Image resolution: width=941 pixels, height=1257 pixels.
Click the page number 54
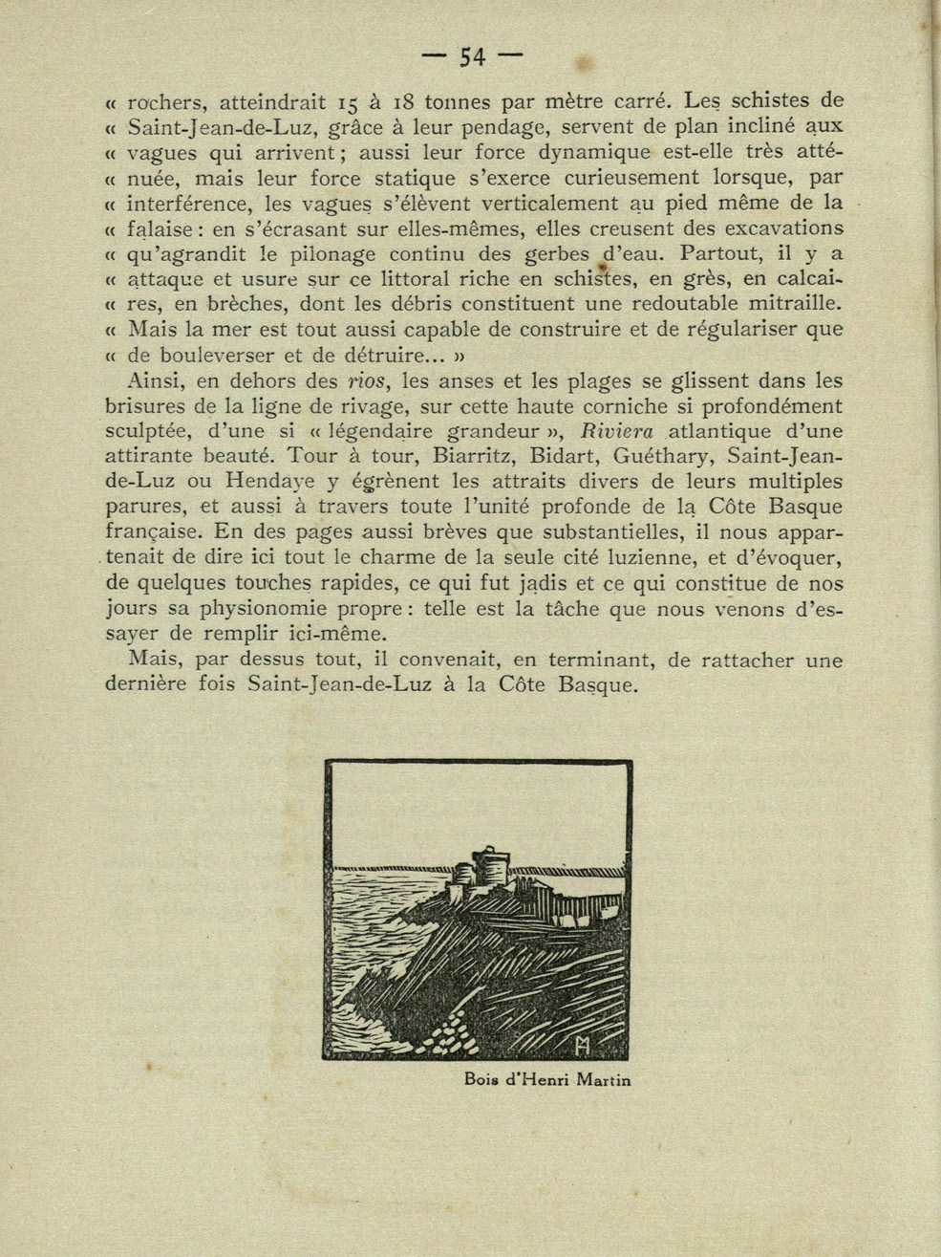coord(472,57)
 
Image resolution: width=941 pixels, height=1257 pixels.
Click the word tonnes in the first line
coord(458,101)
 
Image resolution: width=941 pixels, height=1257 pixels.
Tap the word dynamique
coord(591,152)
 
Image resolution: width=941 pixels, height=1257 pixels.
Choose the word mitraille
coord(785,304)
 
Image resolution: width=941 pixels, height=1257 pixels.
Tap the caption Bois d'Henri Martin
coord(547,1081)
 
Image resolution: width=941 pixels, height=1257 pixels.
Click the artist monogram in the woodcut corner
coord(584,1046)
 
